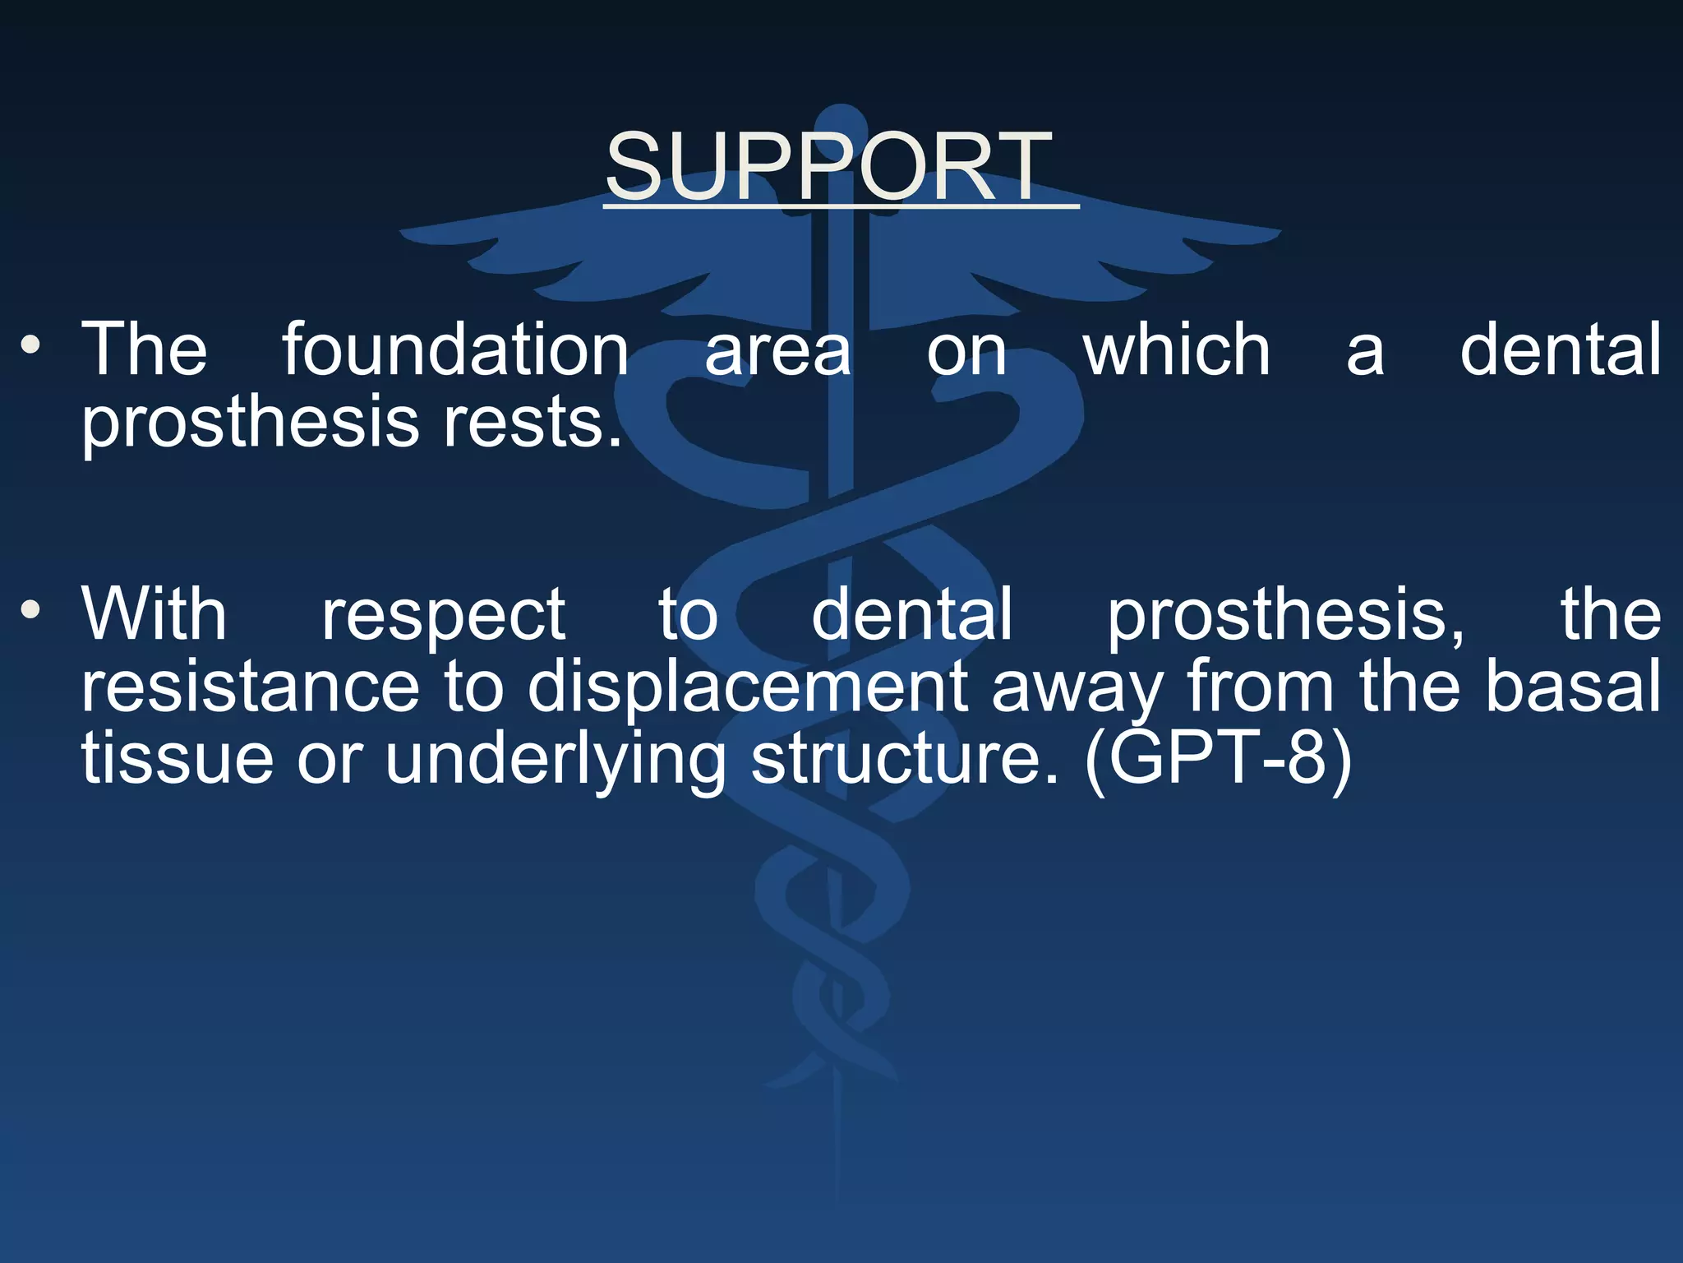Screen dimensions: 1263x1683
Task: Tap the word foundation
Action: tap(456, 350)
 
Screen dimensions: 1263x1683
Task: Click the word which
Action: tap(1177, 350)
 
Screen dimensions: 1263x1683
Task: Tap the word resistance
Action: tap(250, 687)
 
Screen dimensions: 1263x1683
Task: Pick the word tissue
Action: tap(177, 758)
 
